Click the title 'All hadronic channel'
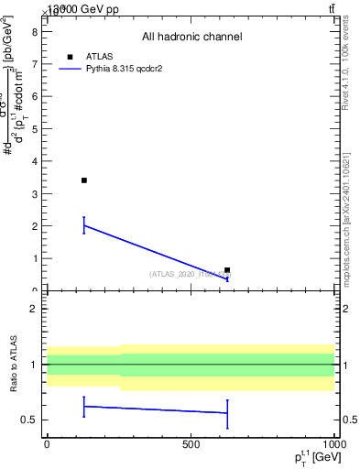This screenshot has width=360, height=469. (x=191, y=37)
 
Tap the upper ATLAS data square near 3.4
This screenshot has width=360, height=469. (x=84, y=180)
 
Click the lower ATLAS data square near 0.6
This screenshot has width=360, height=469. (x=227, y=270)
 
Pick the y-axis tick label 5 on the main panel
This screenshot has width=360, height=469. (x=34, y=128)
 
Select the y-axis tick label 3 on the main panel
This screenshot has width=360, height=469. (x=34, y=193)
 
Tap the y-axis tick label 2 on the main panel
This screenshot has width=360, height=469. (x=34, y=225)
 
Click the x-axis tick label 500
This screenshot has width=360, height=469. (x=191, y=443)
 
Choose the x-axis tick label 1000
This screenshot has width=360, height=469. (x=332, y=443)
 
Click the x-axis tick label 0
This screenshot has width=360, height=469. (x=47, y=443)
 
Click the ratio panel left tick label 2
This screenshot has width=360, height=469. (x=34, y=309)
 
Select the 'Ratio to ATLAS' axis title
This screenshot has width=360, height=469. (x=12, y=364)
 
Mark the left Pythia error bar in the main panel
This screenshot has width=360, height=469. (x=84, y=225)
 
